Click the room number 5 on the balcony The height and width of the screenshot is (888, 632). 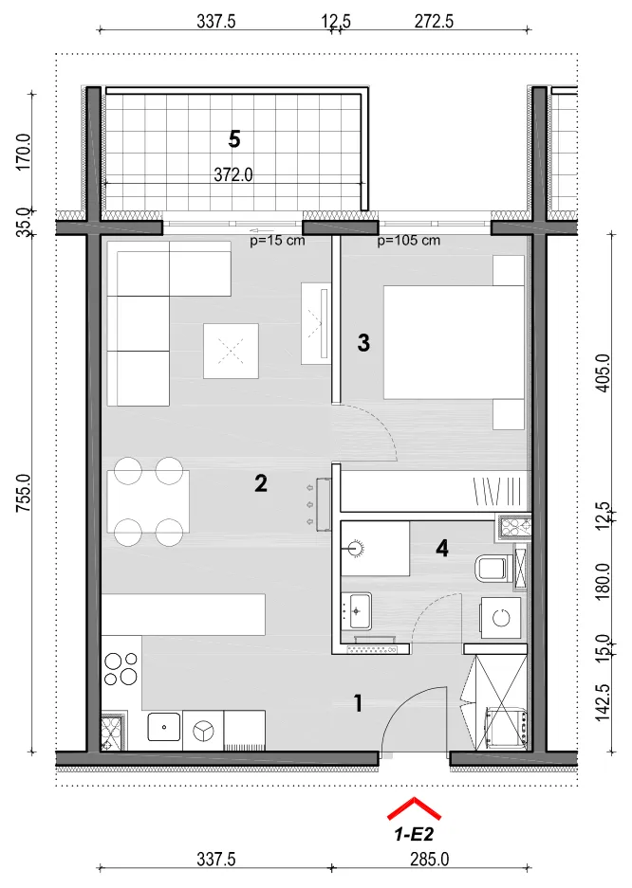pyautogui.click(x=234, y=138)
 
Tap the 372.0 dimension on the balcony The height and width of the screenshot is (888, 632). pyautogui.click(x=232, y=175)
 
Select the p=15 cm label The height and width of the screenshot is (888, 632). pyautogui.click(x=277, y=241)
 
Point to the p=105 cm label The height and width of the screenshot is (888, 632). pyautogui.click(x=409, y=241)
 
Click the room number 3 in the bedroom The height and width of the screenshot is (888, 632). pyautogui.click(x=363, y=343)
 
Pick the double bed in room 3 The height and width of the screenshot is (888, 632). pyautogui.click(x=454, y=343)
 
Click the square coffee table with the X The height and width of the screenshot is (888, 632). pyautogui.click(x=231, y=351)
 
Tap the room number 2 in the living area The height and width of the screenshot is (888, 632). pyautogui.click(x=260, y=483)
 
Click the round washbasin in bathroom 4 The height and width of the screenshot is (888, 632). pyautogui.click(x=356, y=548)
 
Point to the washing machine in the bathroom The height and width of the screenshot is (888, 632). pyautogui.click(x=500, y=618)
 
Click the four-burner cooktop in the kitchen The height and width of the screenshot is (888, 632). pyautogui.click(x=121, y=669)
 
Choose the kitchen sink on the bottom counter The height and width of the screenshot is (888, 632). pyautogui.click(x=164, y=727)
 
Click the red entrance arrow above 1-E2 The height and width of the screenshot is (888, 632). pyautogui.click(x=414, y=808)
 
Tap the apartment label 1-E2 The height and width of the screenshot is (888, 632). pyautogui.click(x=414, y=834)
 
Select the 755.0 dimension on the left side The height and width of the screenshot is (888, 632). pyautogui.click(x=23, y=494)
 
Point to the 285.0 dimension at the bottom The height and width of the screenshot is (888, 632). pyautogui.click(x=429, y=860)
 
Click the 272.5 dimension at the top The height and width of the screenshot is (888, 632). pyautogui.click(x=434, y=22)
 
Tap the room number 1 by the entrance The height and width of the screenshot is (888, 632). pyautogui.click(x=358, y=703)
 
